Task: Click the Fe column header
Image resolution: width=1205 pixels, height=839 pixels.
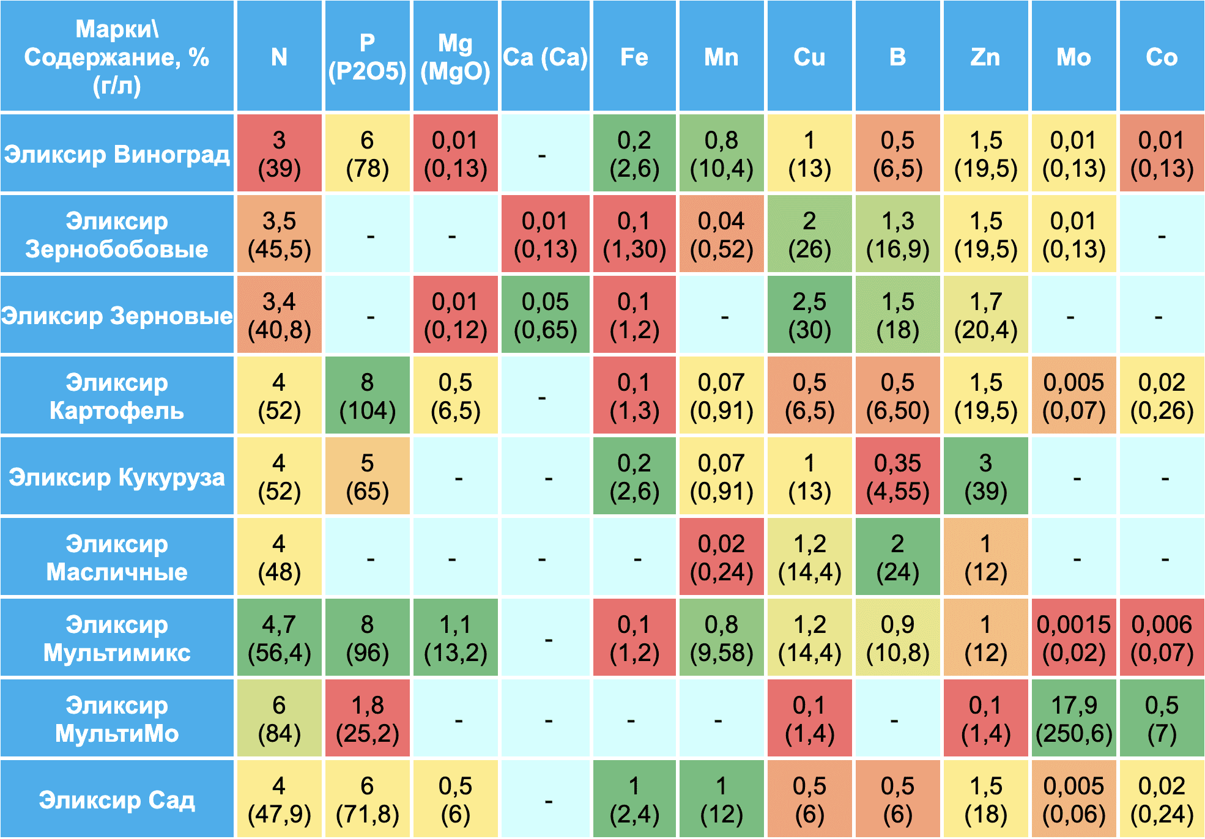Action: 634,57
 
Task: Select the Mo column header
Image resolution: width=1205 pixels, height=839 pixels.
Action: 1073,57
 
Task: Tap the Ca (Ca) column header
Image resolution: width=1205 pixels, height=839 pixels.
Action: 545,57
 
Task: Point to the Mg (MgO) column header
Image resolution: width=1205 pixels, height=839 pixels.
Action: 455,57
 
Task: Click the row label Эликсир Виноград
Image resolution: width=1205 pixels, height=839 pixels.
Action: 117,153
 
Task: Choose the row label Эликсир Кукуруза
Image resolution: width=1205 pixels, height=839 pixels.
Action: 117,476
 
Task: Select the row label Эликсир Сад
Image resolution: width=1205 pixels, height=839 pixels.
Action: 117,799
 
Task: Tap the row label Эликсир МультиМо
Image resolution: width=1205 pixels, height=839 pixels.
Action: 117,719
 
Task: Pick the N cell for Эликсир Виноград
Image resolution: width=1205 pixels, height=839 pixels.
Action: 279,153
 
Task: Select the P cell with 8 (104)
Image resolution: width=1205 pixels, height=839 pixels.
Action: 367,396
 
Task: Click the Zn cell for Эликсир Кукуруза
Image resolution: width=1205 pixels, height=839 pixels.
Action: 985,476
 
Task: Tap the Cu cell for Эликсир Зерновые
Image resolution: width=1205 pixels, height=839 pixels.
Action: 809,315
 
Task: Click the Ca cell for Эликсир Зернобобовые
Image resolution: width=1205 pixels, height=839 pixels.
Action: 545,234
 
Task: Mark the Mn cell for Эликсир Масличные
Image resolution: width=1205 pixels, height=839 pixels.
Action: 721,557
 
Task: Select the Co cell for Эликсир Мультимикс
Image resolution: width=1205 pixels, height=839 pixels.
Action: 1162,638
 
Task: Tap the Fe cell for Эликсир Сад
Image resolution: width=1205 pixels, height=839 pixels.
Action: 634,799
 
